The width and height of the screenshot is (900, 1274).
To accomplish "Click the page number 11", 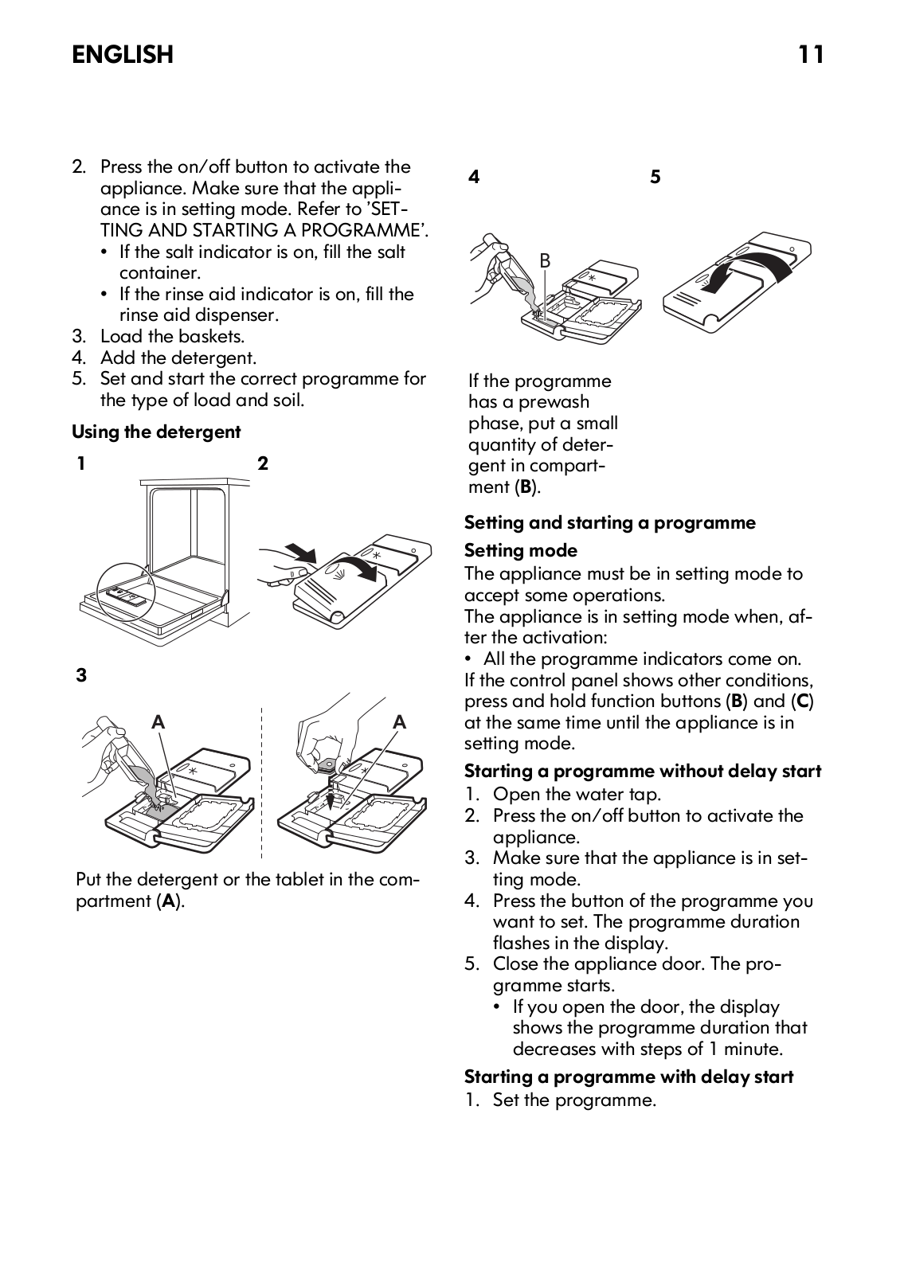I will (x=811, y=54).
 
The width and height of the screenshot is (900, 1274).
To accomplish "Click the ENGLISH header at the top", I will (x=122, y=54).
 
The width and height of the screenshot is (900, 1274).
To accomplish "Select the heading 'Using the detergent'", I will (x=156, y=432).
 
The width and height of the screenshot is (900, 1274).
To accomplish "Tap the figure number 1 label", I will (x=81, y=463).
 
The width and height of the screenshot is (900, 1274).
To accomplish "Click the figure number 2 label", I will (x=263, y=463).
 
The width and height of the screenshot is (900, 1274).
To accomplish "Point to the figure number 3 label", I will (x=81, y=676).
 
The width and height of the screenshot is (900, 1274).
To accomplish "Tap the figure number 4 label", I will (x=474, y=177).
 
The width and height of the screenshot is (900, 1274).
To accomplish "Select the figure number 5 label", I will (x=655, y=177).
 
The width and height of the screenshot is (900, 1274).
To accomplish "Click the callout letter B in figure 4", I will (x=545, y=260).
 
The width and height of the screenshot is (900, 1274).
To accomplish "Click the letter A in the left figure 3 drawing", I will (x=158, y=722).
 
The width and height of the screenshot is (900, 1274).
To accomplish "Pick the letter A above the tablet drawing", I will (x=399, y=722).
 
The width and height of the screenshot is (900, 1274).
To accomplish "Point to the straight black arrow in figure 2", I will (x=300, y=552).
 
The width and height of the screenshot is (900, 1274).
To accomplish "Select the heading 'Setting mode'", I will (x=520, y=550).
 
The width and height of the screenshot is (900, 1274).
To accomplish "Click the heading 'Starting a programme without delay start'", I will (x=642, y=771).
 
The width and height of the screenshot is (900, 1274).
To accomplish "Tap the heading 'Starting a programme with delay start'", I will (x=628, y=1077).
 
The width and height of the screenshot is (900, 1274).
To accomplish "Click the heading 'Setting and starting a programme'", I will (x=609, y=522).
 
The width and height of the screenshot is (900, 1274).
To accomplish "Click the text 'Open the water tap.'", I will (x=577, y=794).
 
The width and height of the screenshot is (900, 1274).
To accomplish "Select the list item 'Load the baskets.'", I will (x=172, y=336).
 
